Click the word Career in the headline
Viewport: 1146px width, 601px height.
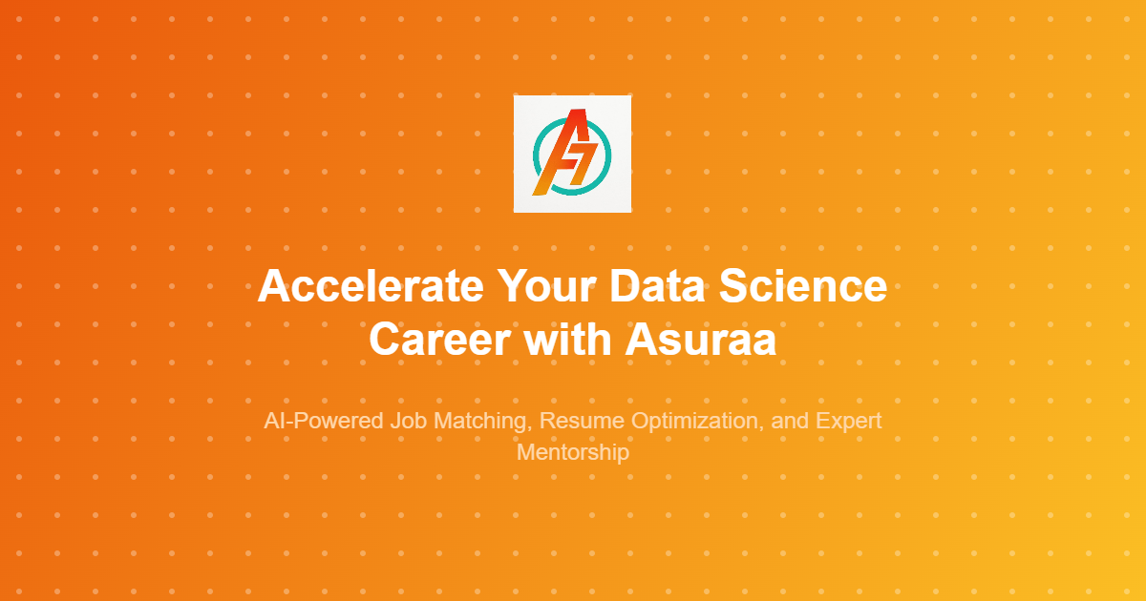(x=439, y=340)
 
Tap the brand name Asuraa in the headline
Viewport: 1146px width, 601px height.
(x=700, y=340)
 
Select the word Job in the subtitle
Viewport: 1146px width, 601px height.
(x=407, y=421)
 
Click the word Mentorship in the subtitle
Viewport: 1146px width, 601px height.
(x=573, y=451)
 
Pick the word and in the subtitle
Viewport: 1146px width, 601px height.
(x=787, y=421)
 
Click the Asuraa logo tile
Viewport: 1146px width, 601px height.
(x=572, y=154)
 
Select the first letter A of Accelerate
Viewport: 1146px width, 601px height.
(x=274, y=287)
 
